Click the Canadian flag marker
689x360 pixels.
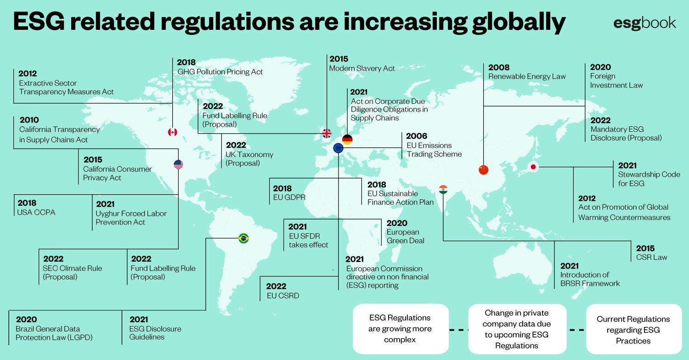(172, 132)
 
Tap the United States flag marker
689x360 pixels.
(178, 164)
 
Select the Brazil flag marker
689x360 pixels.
(243, 238)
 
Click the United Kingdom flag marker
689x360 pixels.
(326, 133)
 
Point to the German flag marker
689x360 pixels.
(347, 140)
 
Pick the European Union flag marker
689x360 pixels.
(338, 148)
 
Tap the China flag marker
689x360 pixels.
(483, 170)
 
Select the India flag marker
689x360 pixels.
(443, 189)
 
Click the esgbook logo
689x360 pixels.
(644, 22)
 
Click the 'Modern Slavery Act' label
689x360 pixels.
(362, 68)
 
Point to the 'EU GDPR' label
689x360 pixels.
(289, 197)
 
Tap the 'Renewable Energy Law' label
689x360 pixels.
(527, 77)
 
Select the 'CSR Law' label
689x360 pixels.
(651, 258)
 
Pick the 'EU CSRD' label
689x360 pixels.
(283, 296)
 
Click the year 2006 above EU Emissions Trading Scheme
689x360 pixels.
(417, 136)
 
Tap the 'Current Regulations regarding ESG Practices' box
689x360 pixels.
(633, 330)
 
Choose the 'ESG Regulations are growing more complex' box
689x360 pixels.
(400, 329)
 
